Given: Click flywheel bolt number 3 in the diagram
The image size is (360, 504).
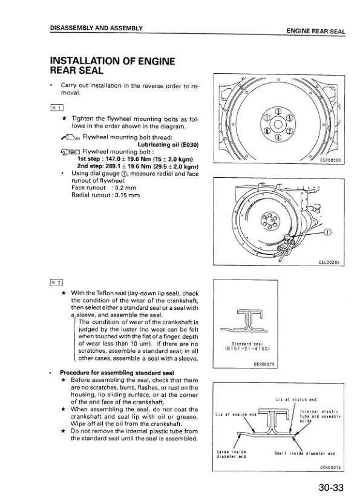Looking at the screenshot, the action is [x=278, y=111].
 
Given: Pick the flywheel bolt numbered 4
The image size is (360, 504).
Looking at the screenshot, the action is [x=278, y=137].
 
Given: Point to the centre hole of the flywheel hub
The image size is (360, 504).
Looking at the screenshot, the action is [x=278, y=125].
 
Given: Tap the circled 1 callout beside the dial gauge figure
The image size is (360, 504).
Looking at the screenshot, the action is [x=327, y=233].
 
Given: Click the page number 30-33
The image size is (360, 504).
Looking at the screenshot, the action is [x=331, y=487].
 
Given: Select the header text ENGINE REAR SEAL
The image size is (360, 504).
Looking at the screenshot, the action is [x=316, y=31].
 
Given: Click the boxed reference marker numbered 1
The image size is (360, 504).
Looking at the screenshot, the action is [x=57, y=108].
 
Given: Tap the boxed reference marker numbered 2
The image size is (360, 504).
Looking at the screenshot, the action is [x=56, y=283].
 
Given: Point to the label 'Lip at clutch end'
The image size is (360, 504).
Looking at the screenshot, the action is [x=296, y=399].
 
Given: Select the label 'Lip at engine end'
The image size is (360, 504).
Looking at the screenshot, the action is [x=236, y=414].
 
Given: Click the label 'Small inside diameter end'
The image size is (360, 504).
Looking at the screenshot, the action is [x=305, y=454].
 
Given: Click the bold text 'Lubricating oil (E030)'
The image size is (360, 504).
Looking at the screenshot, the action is [x=168, y=145].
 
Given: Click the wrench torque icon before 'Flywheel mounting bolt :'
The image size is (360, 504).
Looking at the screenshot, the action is [x=70, y=152].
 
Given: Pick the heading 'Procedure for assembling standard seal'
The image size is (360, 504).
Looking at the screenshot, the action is [x=117, y=373].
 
